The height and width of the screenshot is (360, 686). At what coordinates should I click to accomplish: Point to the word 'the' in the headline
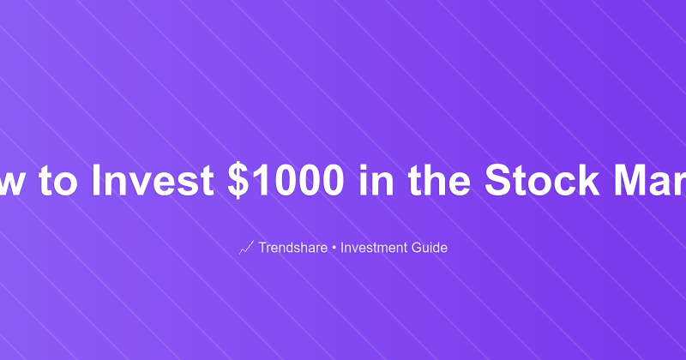434,180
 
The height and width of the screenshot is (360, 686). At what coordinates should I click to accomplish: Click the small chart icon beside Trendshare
246,249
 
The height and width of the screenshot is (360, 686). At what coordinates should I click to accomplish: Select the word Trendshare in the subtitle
292,249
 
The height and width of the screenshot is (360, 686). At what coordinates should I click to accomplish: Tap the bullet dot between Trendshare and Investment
334,249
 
